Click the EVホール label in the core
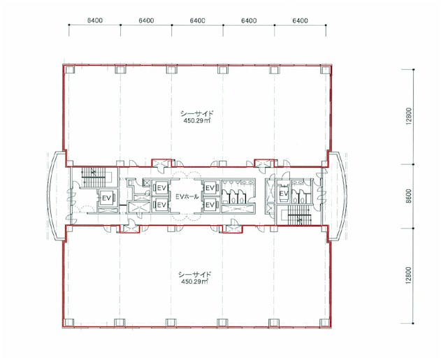click(x=187, y=196)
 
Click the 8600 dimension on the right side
click(x=410, y=196)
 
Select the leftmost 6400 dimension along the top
click(x=95, y=20)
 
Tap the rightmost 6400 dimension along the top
click(x=300, y=20)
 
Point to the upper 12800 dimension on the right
click(x=410, y=116)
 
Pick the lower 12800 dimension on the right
click(x=410, y=275)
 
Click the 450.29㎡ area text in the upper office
click(x=196, y=121)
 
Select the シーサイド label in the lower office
click(x=194, y=275)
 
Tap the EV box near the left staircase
click(x=107, y=198)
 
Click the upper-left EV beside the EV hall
click(x=161, y=188)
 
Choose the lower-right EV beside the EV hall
click(x=210, y=205)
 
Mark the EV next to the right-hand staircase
click(x=284, y=194)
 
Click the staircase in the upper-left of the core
click(x=95, y=178)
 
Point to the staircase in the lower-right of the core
click(x=300, y=215)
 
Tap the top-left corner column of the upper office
click(x=69, y=69)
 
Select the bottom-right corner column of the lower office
click(x=324, y=322)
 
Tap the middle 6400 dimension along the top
click(x=198, y=20)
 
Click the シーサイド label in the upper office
click(x=197, y=114)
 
